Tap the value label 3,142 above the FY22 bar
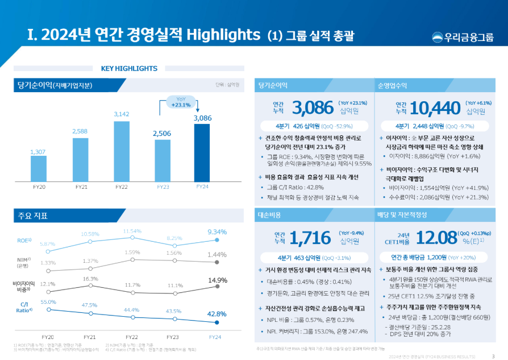(x=122, y=114)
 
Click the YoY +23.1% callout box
(x=181, y=102)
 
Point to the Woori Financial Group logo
(x=461, y=38)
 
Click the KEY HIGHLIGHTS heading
(x=129, y=69)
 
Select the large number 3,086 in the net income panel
(x=311, y=107)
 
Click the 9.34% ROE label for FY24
(x=217, y=231)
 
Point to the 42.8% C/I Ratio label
(x=217, y=313)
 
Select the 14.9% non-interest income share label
(x=218, y=280)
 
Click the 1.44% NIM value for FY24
(x=217, y=255)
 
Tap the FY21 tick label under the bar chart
(x=81, y=187)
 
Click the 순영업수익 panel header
(x=392, y=85)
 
